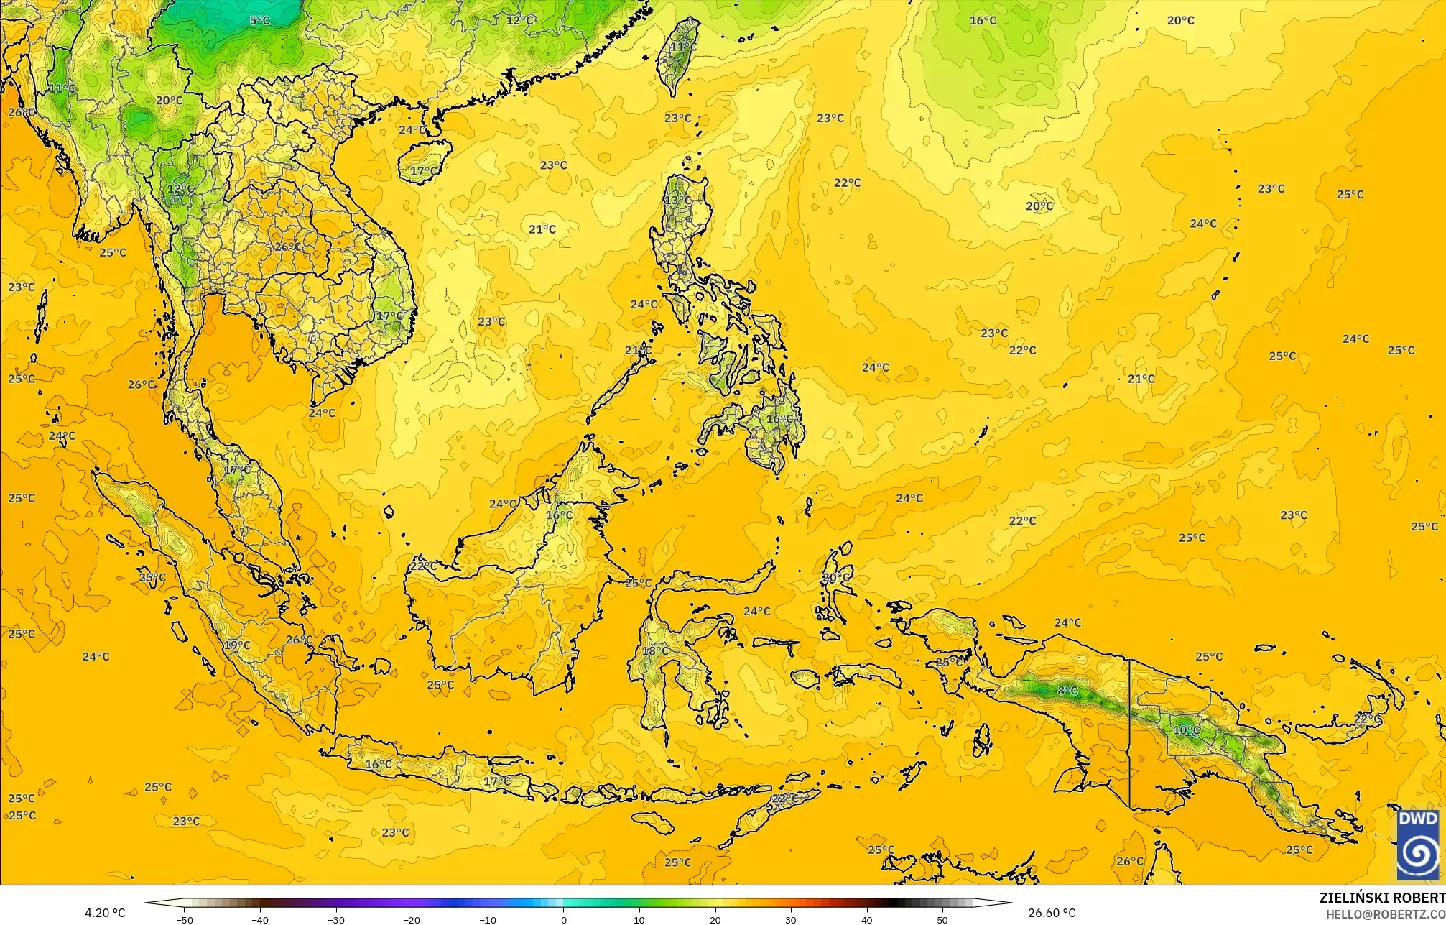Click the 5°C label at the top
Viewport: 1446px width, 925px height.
click(259, 20)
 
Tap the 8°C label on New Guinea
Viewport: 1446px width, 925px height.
click(1067, 691)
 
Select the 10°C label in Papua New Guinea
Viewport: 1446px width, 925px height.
click(1186, 730)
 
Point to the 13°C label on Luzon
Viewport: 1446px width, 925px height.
click(677, 200)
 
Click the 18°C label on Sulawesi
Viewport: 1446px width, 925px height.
click(654, 651)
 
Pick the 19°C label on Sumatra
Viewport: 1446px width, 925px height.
click(237, 645)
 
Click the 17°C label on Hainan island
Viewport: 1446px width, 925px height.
click(423, 171)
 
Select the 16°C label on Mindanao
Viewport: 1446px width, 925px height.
click(779, 418)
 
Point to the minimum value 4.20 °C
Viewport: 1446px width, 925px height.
click(105, 913)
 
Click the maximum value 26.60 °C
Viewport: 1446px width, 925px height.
click(1052, 913)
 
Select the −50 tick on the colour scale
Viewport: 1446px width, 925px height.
click(185, 919)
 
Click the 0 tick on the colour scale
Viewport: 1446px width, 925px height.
click(563, 919)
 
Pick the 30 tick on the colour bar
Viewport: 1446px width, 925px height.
click(791, 919)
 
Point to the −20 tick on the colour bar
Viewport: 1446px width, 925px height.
click(412, 919)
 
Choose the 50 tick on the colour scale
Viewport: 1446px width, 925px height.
click(942, 919)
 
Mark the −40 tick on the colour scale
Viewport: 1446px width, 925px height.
click(260, 919)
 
